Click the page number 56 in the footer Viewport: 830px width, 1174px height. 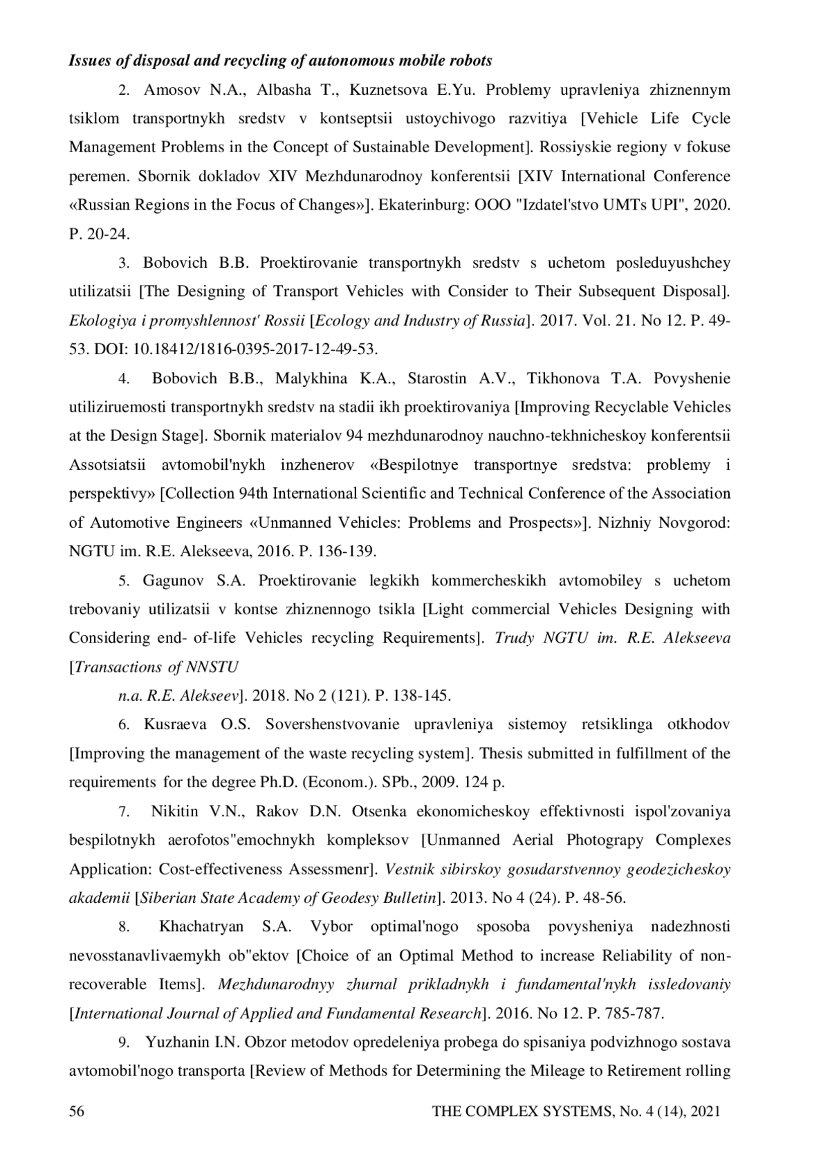(x=76, y=1112)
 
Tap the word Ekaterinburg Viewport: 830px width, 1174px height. (x=417, y=205)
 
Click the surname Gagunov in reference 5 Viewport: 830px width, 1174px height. (x=170, y=580)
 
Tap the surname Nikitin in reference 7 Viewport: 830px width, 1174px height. (x=174, y=811)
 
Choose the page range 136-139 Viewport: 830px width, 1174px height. (x=348, y=551)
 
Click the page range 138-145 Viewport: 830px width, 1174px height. (x=422, y=695)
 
